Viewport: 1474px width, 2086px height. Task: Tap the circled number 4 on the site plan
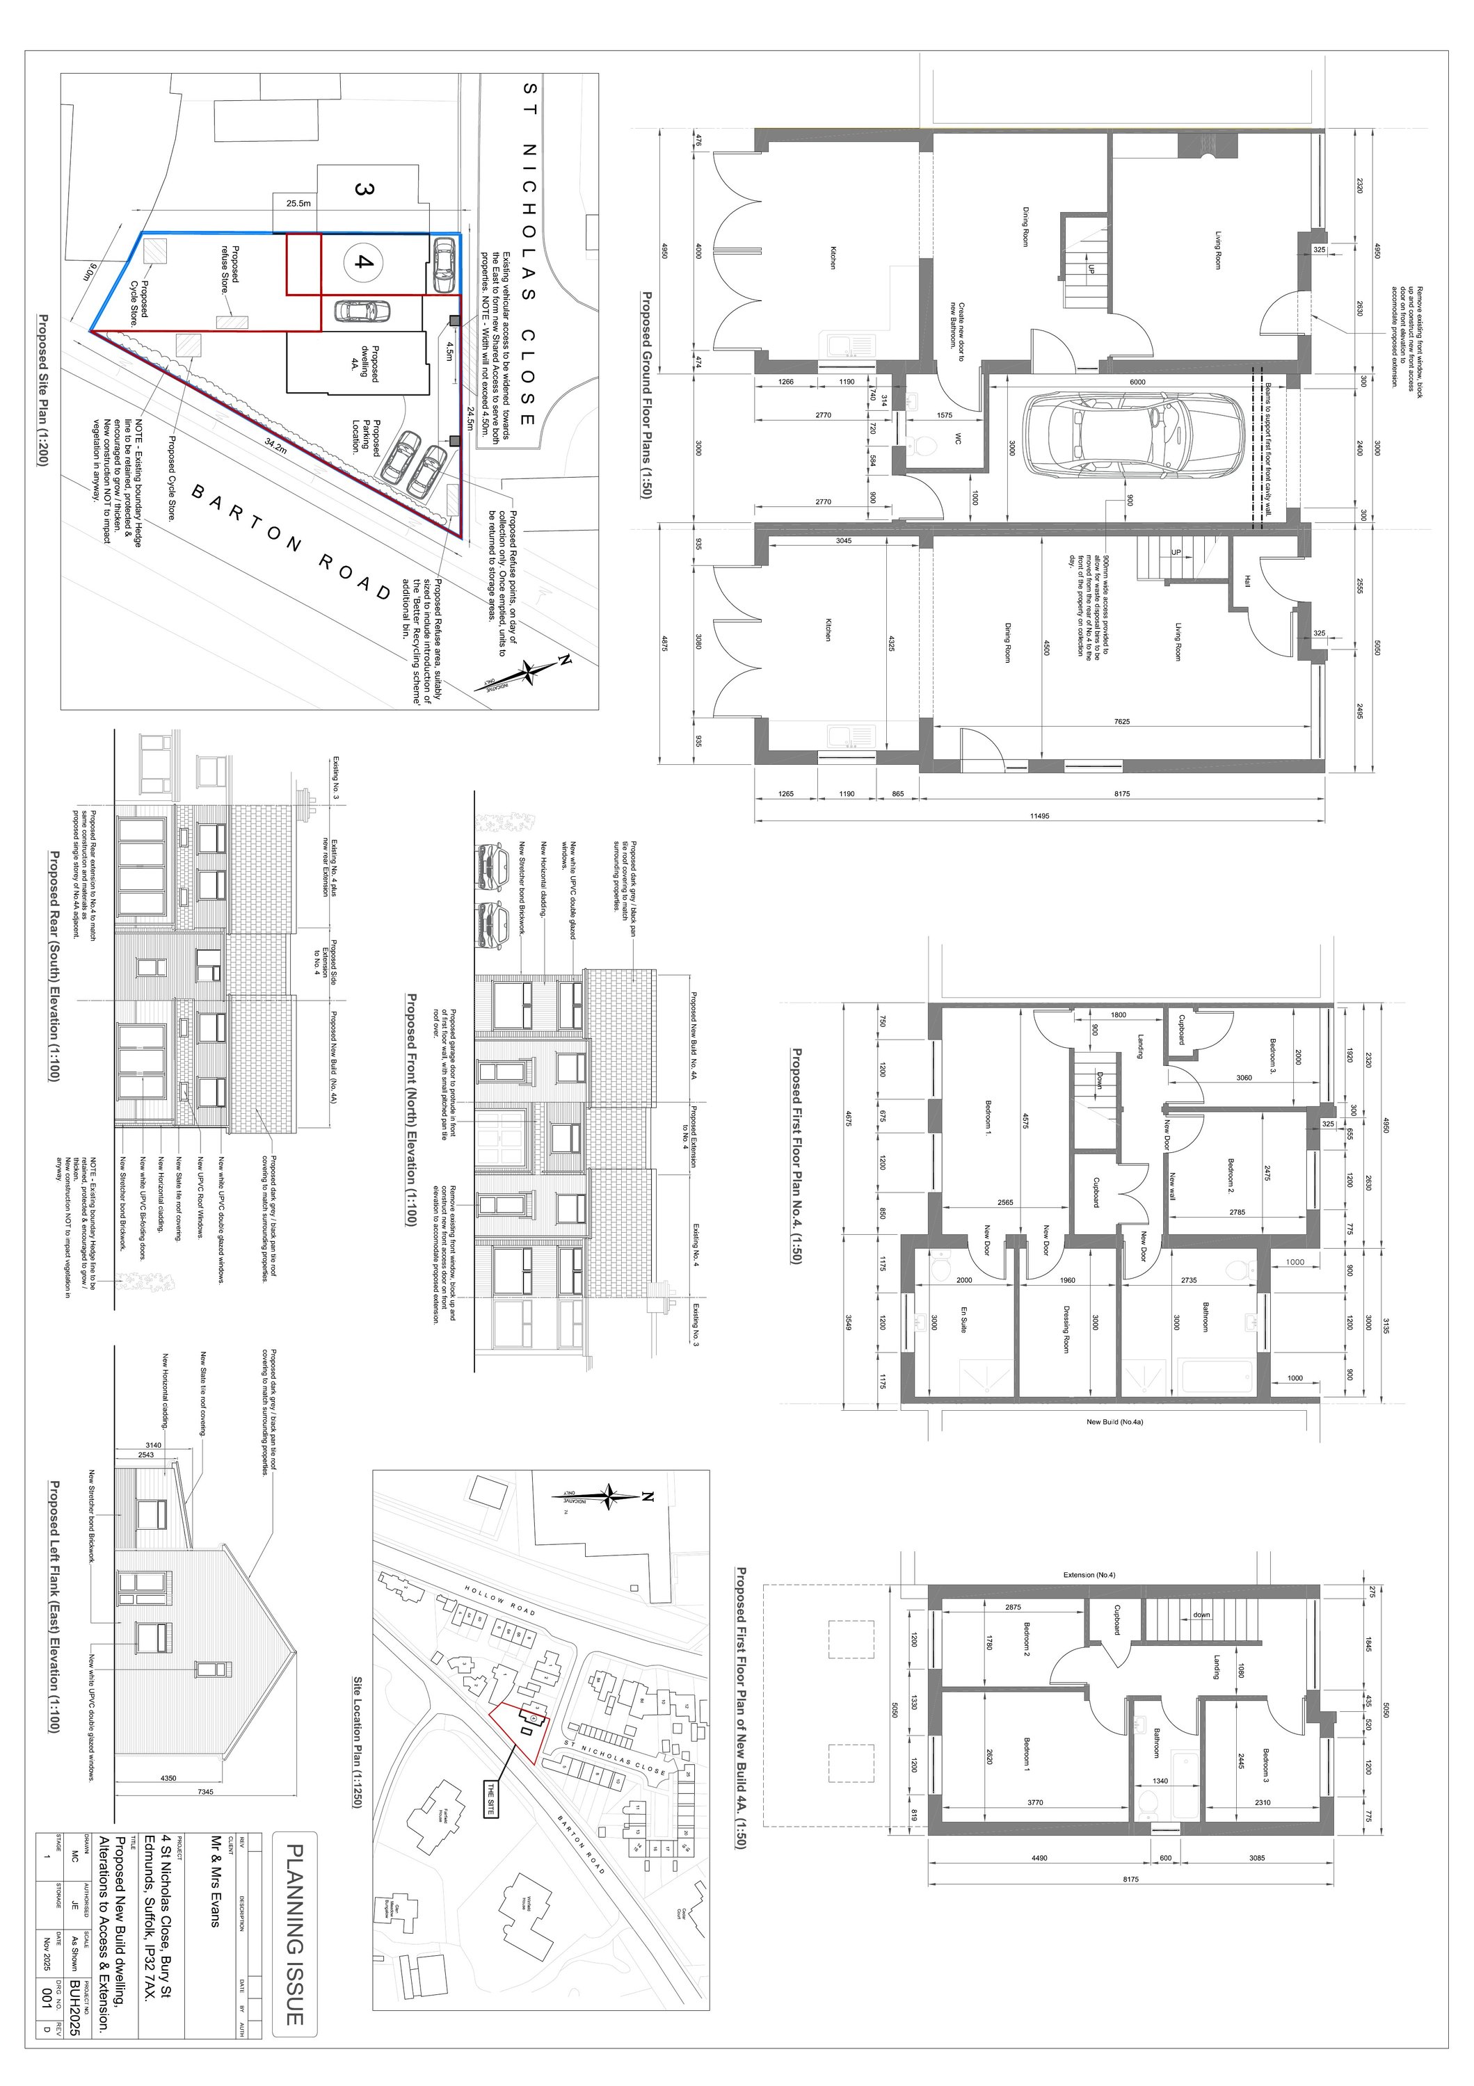click(x=362, y=263)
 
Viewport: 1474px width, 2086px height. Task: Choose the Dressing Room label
click(x=1065, y=1332)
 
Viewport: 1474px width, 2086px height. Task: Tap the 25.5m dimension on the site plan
click(x=298, y=204)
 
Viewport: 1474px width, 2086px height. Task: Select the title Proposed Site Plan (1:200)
click(x=42, y=390)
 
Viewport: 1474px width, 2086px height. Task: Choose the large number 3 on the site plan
click(x=362, y=190)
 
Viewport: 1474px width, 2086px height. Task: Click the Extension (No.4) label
click(x=1089, y=1574)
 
